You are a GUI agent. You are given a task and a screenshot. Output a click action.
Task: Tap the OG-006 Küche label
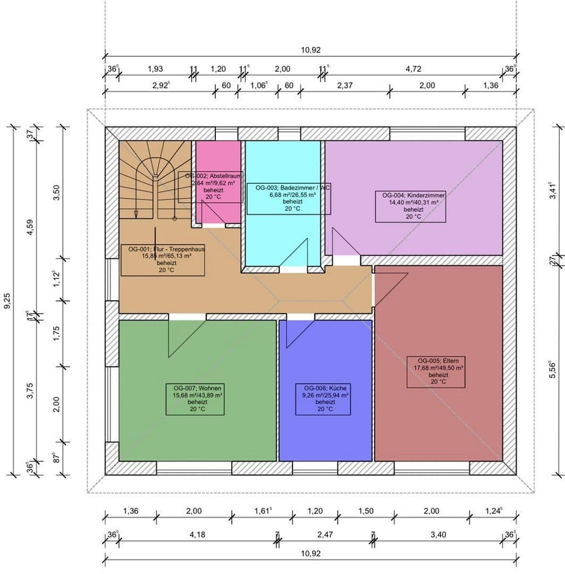coord(323,399)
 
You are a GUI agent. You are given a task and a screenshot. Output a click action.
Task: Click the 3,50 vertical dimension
coord(57,192)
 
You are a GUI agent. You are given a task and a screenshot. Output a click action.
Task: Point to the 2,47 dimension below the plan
coord(324,535)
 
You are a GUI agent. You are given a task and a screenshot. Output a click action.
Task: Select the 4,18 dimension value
coord(197,535)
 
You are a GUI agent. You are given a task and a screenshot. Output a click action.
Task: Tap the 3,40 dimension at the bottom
coord(438,535)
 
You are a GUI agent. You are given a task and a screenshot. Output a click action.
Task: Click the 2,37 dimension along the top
coord(345,86)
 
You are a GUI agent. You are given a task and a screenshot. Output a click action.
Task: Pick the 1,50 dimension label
coord(365,511)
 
